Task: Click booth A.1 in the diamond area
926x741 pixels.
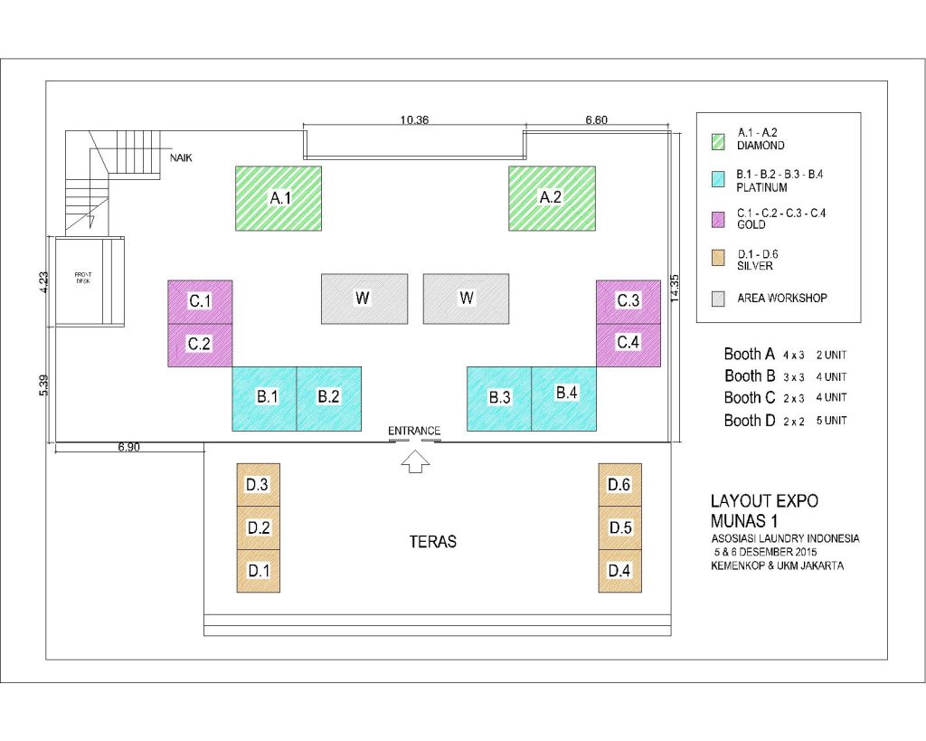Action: (279, 198)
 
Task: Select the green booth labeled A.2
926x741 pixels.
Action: (552, 198)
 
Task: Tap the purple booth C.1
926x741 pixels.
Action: (200, 302)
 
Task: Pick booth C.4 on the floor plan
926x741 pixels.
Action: (628, 345)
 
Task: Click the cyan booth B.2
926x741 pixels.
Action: (328, 399)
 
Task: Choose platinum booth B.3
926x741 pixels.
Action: (499, 399)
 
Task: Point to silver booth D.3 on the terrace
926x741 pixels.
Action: (258, 485)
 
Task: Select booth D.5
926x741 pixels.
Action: (620, 527)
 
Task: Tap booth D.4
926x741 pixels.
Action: (620, 571)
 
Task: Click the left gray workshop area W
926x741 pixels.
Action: (364, 299)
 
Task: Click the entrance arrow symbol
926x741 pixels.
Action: (415, 461)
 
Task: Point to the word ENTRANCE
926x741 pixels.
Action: (414, 431)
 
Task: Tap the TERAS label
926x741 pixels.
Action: (433, 542)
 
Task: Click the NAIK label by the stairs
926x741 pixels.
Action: (181, 157)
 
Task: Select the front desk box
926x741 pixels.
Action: (90, 281)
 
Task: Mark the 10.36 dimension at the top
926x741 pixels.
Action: (414, 120)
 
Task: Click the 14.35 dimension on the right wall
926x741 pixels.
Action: (675, 289)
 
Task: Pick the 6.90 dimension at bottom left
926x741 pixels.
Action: (128, 447)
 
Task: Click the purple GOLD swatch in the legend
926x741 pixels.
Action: (718, 220)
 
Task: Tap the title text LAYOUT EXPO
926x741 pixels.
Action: (764, 501)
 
